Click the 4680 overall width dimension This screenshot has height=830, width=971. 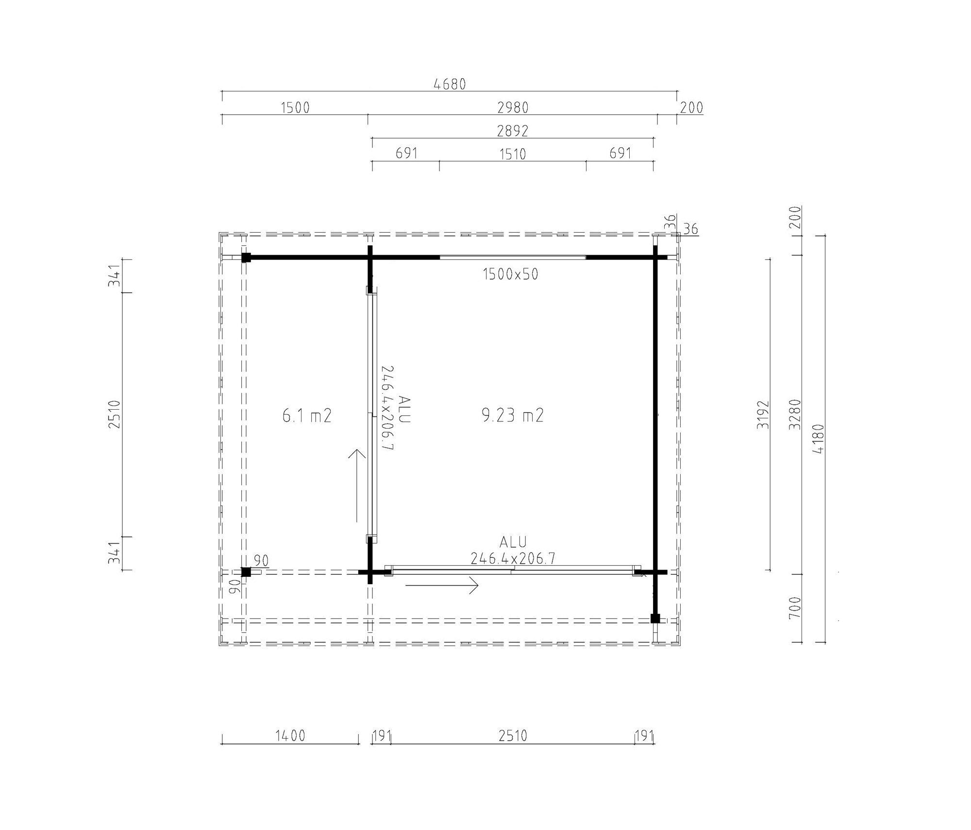pos(450,85)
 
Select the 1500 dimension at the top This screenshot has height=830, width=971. pos(295,107)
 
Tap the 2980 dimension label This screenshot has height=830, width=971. pos(513,107)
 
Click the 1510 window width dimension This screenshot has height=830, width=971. pos(513,154)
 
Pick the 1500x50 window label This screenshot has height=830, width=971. pos(510,275)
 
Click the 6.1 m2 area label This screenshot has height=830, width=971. pos(307,416)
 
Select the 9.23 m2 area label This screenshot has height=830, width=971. pos(513,415)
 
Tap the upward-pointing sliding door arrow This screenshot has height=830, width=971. pos(357,485)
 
